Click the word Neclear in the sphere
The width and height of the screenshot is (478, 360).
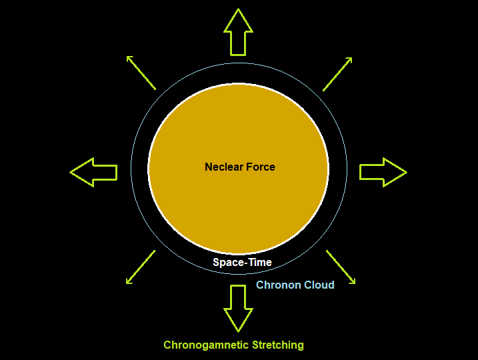[x=224, y=167]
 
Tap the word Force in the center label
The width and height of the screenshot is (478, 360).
[x=261, y=167]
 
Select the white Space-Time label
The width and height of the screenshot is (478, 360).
[x=242, y=262]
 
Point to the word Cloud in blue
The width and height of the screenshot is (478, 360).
[x=319, y=285]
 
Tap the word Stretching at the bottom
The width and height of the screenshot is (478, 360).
[x=277, y=345]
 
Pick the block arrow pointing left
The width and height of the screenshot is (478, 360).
[x=94, y=172]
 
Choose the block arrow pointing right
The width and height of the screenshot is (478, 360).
[x=383, y=172]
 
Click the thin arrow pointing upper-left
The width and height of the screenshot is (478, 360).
[x=141, y=73]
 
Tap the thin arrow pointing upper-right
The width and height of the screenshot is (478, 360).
[x=337, y=73]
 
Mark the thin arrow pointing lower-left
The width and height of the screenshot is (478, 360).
[x=140, y=267]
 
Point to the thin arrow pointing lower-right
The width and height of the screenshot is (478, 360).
[x=341, y=267]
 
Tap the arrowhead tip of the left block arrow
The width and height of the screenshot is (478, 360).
[x=72, y=172]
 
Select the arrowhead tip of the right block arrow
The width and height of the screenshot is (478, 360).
[x=405, y=172]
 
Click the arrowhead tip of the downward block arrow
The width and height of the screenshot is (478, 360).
[x=238, y=330]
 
